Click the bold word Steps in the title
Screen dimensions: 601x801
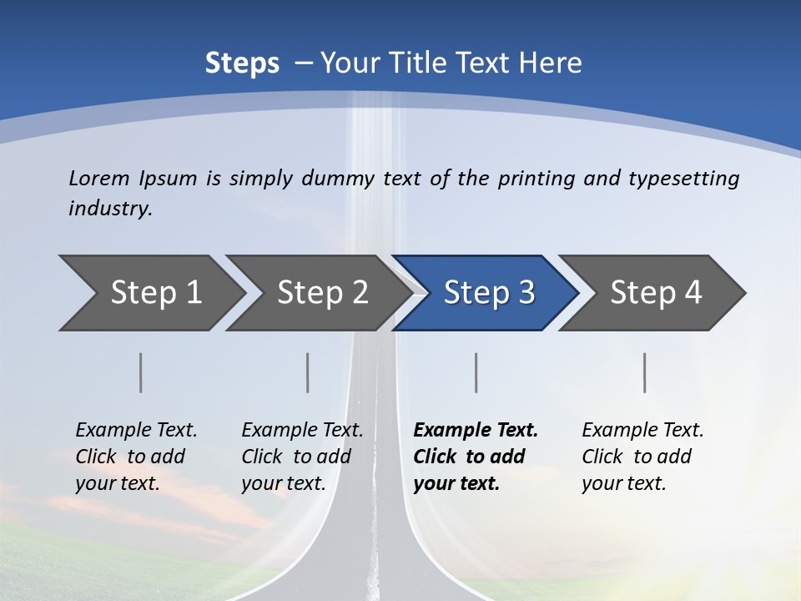[242, 63]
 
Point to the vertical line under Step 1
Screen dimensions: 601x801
[141, 372]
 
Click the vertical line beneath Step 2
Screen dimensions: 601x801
[308, 372]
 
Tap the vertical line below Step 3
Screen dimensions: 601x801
[476, 372]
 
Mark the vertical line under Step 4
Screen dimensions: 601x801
[645, 372]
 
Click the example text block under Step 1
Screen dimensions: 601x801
[136, 457]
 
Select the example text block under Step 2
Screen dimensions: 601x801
[302, 457]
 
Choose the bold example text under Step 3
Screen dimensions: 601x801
[476, 457]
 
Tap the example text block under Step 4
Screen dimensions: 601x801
[642, 457]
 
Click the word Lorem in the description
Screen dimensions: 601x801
[98, 179]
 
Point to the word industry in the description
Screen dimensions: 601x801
[110, 209]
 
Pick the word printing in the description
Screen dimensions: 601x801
[532, 179]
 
